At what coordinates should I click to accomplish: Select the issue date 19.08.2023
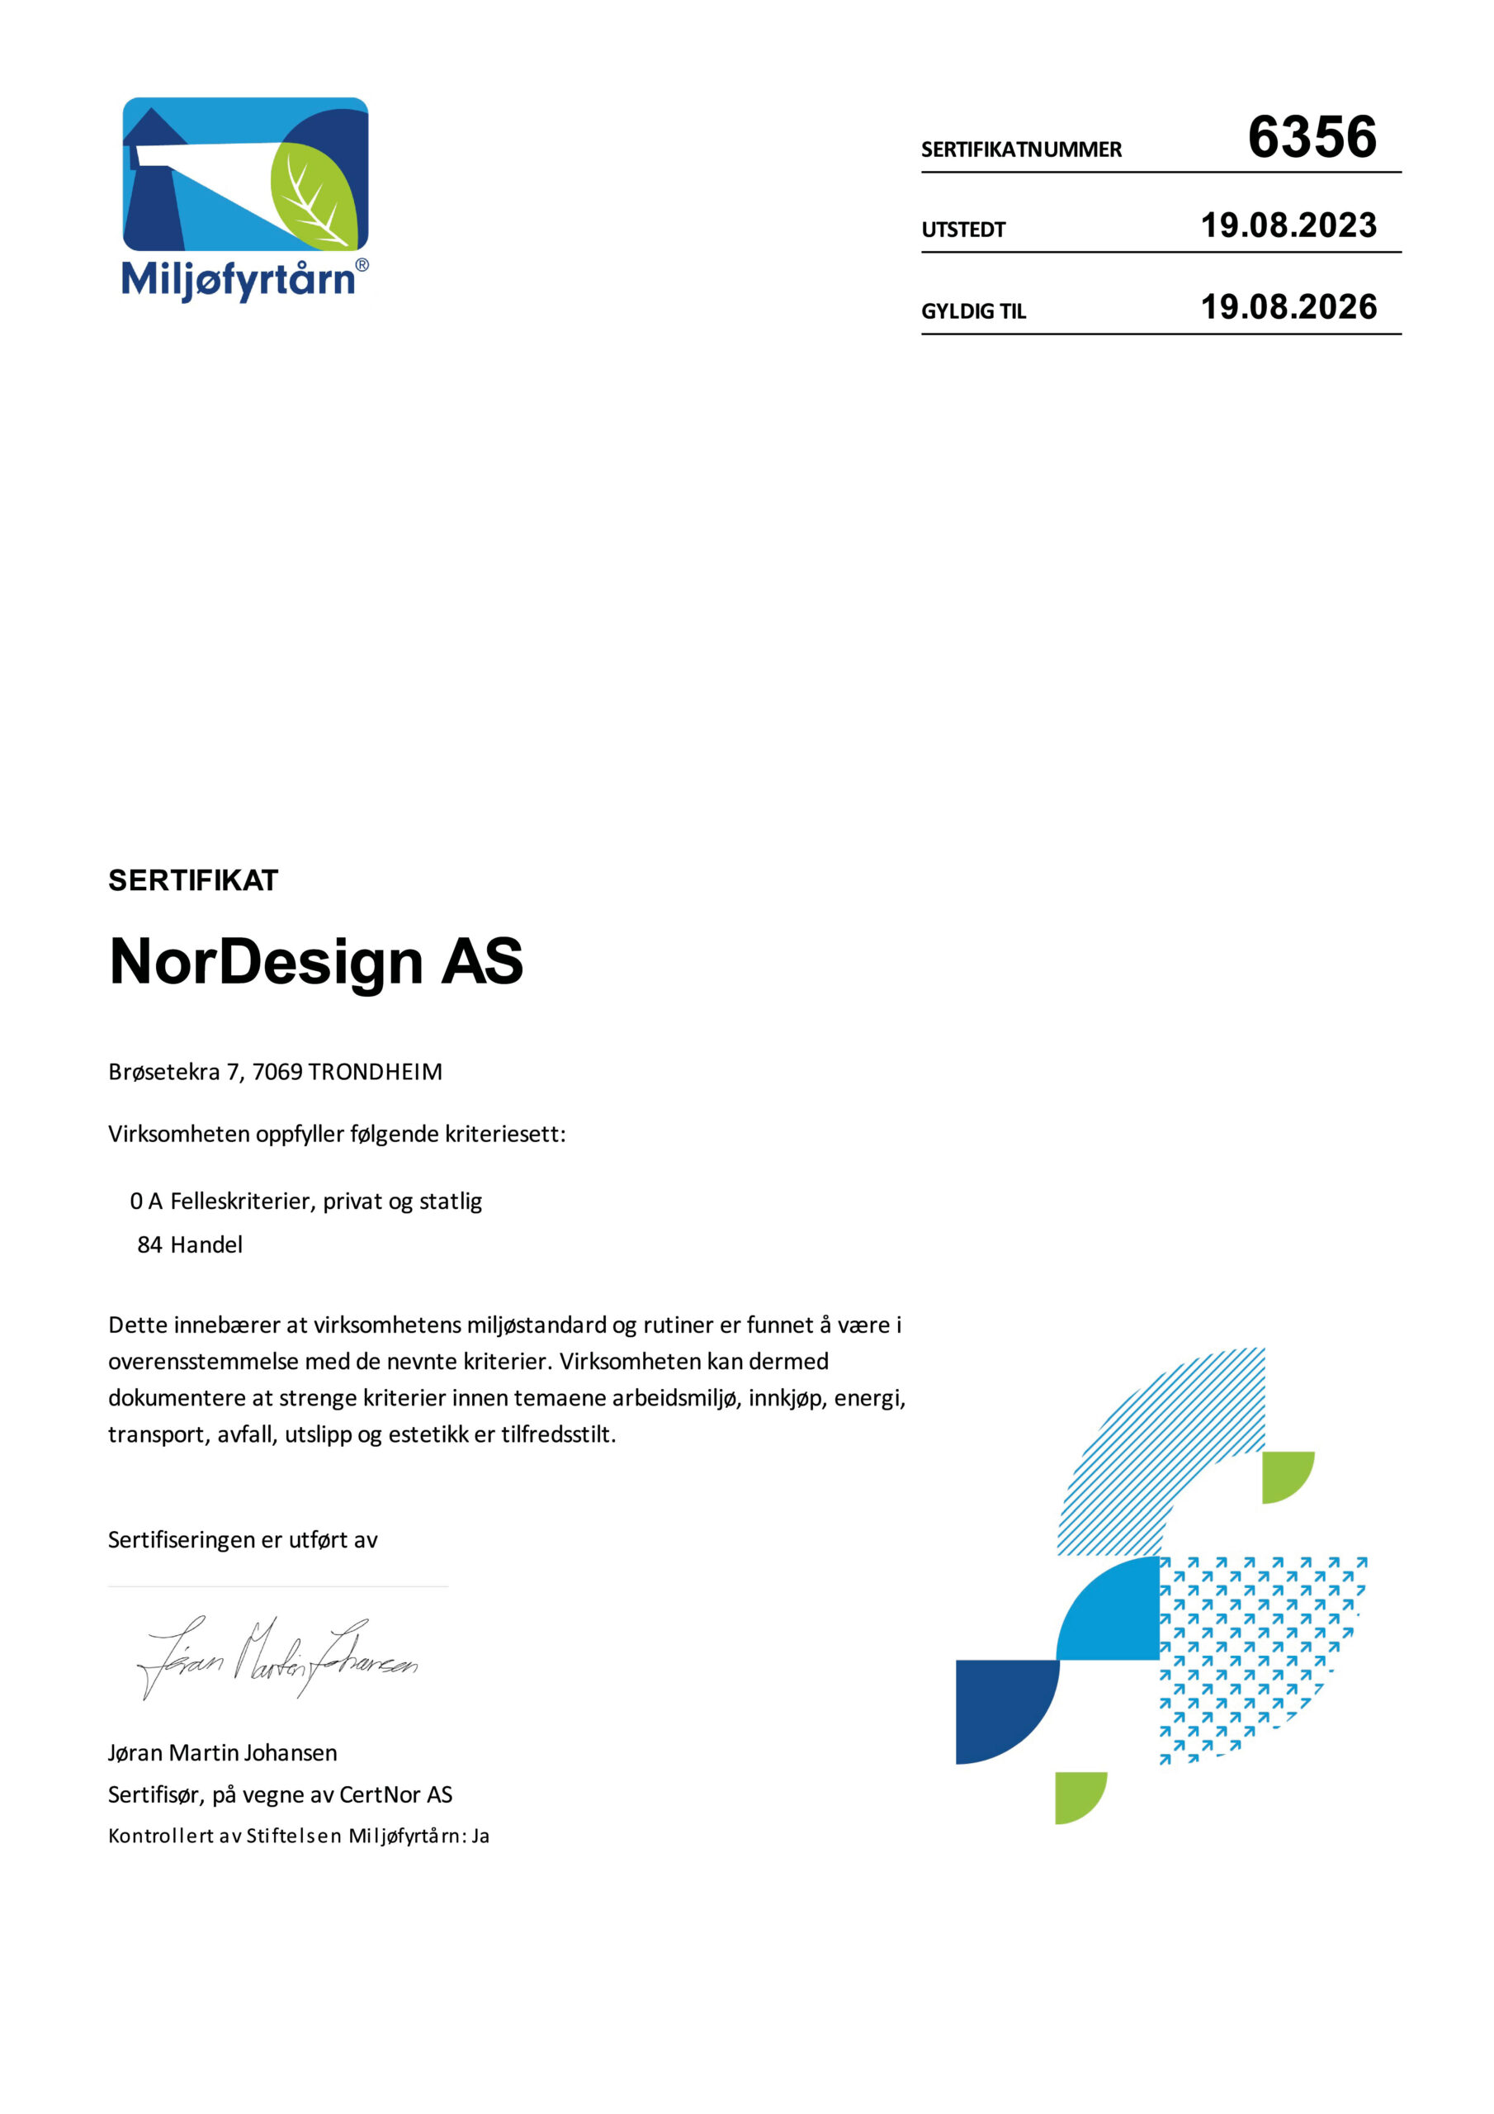click(x=1288, y=225)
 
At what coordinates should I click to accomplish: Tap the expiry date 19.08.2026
click(x=1288, y=307)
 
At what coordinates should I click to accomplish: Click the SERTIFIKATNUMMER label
click(x=1021, y=150)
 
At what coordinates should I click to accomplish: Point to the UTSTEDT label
click(x=963, y=230)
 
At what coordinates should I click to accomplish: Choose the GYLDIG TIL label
click(x=973, y=312)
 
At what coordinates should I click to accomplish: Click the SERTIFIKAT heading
click(x=193, y=880)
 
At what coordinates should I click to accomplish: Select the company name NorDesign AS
click(x=316, y=961)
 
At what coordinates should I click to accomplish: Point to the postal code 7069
click(x=277, y=1072)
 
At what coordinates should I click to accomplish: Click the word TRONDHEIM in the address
click(x=375, y=1072)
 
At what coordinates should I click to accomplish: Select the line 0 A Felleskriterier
click(x=305, y=1202)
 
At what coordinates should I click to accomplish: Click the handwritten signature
click(x=277, y=1658)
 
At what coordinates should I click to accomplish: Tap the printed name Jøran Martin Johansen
click(x=222, y=1753)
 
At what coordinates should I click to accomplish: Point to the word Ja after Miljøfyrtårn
click(x=480, y=1837)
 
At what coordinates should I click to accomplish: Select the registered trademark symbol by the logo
click(x=362, y=265)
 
